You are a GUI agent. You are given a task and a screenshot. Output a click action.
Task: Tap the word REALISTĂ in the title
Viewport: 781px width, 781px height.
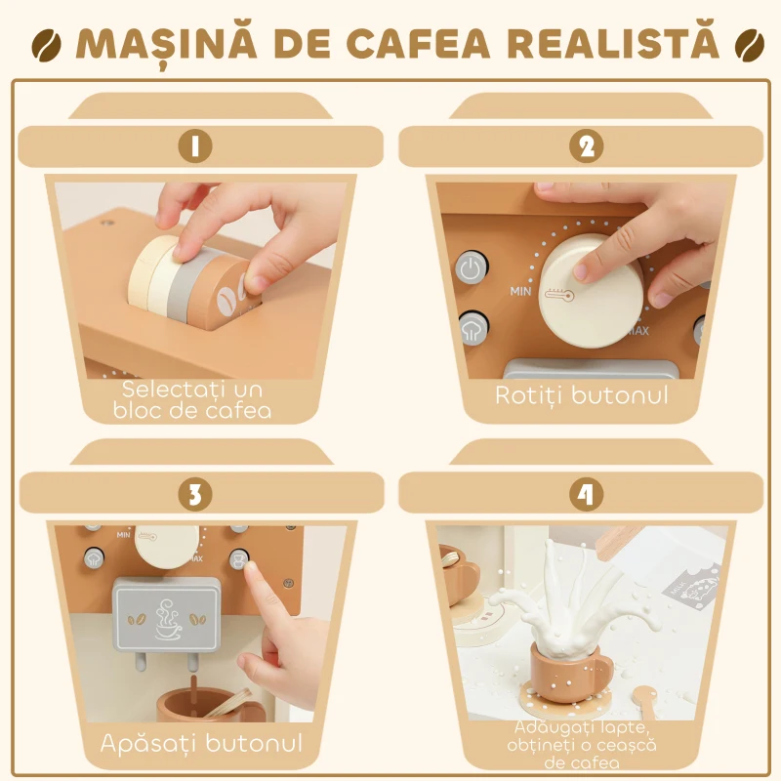(615, 44)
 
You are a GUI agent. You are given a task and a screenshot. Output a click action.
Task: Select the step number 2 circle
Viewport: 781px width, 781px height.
(586, 146)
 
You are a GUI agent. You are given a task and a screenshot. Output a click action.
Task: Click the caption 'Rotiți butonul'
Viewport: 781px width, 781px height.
(582, 395)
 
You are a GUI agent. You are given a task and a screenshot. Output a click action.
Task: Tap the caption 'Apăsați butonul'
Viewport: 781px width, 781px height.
(201, 743)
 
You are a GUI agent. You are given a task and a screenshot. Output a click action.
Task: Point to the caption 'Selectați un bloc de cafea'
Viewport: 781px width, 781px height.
(197, 399)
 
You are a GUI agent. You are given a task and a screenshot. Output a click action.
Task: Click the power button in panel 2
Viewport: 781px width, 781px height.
(471, 268)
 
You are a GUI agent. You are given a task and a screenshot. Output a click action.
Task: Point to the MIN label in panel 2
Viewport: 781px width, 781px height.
(520, 291)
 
